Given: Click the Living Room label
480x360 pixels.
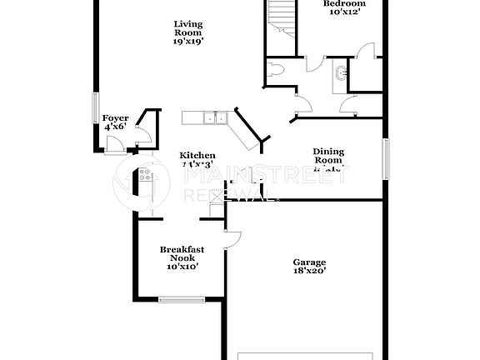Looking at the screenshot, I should click(188, 28).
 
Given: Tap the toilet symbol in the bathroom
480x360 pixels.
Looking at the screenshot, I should click(277, 70).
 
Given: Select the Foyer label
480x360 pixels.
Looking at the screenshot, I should click(115, 118).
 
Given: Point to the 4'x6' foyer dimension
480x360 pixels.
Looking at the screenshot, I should click(115, 127).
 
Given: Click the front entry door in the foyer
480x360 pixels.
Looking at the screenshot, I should click(116, 147).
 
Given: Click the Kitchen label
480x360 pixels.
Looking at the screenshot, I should click(198, 155).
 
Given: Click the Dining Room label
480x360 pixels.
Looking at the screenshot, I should click(327, 157).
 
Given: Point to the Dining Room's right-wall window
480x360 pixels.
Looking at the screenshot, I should click(386, 158).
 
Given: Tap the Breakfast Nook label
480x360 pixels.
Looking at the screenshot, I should click(182, 253).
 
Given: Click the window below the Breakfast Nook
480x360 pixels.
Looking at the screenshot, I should click(177, 299).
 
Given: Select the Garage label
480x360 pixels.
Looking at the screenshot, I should click(308, 261).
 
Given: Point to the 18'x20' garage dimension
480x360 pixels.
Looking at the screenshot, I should click(308, 271).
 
